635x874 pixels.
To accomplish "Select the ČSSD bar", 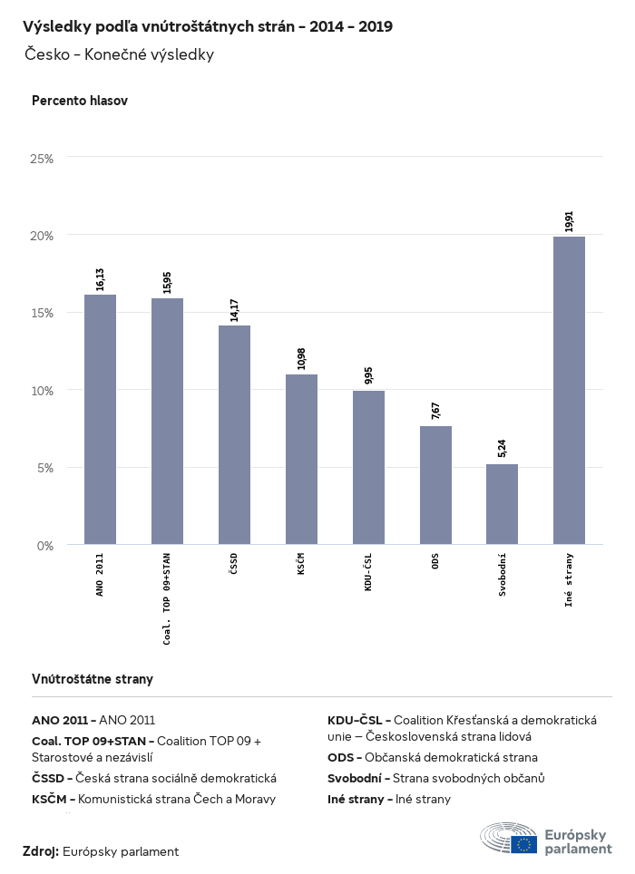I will [234, 435].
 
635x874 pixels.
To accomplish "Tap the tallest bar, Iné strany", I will [569, 390].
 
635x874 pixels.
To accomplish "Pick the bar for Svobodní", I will [502, 504].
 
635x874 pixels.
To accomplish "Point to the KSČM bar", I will [301, 459].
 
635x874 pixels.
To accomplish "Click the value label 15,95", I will [167, 281].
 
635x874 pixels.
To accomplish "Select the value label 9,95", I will [368, 376].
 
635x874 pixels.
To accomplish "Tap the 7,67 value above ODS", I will [435, 410].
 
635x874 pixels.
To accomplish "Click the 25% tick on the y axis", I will [43, 159].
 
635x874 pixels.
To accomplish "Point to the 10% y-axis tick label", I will [43, 391].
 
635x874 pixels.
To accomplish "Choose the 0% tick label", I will [45, 546].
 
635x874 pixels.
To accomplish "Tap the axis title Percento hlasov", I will [80, 101].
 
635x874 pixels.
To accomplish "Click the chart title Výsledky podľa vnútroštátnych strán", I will [208, 26].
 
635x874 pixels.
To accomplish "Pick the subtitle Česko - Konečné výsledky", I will [120, 54].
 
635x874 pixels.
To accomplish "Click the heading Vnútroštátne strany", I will [93, 678].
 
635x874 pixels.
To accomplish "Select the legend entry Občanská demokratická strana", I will [433, 757].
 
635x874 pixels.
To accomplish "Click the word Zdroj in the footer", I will [41, 851].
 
